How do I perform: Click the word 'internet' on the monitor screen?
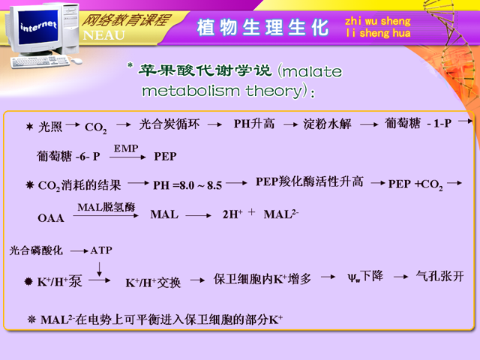tap(38, 26)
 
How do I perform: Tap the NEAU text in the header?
tap(104, 35)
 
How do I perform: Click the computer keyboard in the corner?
tap(40, 61)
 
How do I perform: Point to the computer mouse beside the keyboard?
tap(76, 61)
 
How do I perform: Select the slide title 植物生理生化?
tap(262, 28)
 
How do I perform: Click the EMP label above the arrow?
tap(126, 148)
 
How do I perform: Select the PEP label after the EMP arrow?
tap(165, 157)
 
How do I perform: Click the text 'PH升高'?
tap(254, 124)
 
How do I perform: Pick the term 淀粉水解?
tap(327, 124)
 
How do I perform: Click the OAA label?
tap(51, 218)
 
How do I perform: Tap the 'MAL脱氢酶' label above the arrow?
tap(106, 207)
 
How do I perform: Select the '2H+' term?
tap(232, 214)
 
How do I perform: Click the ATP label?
tap(101, 250)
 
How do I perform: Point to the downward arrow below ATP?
tap(99, 269)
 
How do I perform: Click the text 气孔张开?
tap(440, 276)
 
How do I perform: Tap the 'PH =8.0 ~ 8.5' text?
tap(187, 185)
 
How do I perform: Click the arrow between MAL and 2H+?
tap(198, 215)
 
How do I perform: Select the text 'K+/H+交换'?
tap(153, 283)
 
